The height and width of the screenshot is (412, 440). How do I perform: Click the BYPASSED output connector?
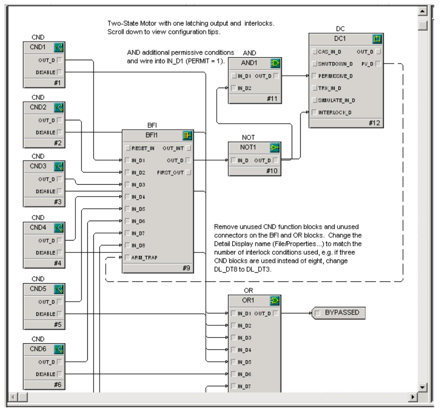(338, 313)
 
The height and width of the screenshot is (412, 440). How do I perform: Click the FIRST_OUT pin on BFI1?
(188, 173)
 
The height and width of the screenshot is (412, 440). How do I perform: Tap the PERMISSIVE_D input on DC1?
(314, 76)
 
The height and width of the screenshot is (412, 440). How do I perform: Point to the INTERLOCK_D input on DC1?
(314, 112)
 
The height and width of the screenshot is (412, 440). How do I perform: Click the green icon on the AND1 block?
(275, 63)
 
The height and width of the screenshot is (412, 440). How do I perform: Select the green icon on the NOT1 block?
(275, 147)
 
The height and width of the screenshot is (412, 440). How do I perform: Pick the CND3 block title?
(38, 167)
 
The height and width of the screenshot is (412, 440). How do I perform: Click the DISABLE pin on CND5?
(59, 314)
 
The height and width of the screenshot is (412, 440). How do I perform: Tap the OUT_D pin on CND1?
(59, 60)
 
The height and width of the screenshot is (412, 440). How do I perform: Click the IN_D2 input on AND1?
(234, 88)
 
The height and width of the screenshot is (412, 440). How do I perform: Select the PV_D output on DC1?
(378, 64)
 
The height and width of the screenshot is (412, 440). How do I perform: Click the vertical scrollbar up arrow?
(422, 12)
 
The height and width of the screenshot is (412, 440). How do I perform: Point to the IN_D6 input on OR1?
(234, 374)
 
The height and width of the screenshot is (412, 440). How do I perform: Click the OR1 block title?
(248, 301)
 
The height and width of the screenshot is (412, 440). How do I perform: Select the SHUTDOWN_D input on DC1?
(314, 64)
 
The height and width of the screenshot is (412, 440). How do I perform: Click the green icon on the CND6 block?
(58, 349)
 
